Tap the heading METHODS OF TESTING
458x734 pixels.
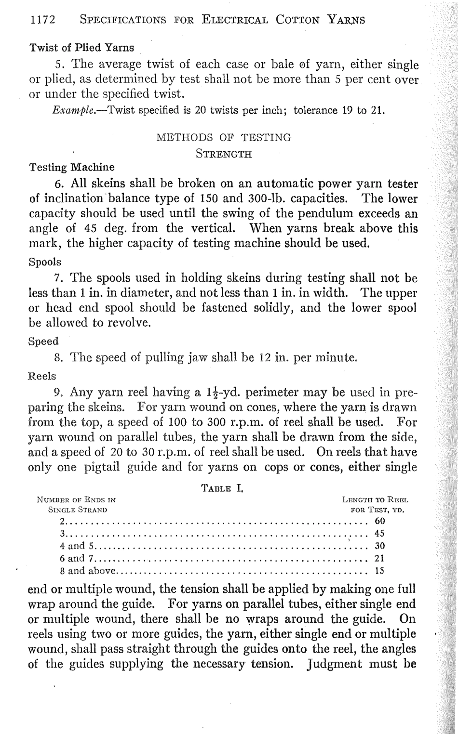224,137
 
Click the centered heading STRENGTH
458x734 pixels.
224,155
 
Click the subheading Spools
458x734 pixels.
45,262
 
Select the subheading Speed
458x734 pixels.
44,341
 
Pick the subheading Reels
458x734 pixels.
42,375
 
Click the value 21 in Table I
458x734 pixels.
380,559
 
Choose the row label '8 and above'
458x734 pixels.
88,571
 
